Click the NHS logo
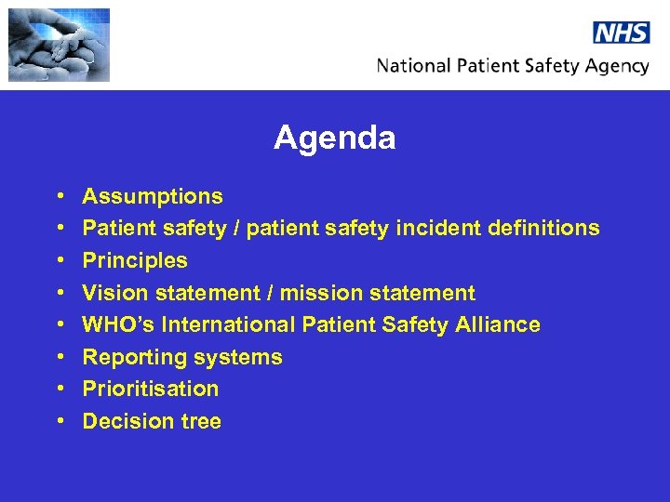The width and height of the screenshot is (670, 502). click(621, 33)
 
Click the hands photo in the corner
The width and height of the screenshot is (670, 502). click(59, 45)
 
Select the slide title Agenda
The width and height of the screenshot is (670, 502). click(334, 139)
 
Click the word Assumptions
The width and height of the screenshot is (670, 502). click(153, 196)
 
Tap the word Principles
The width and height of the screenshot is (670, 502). click(135, 260)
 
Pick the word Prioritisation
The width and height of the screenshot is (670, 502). click(151, 389)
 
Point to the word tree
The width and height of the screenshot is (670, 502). click(201, 421)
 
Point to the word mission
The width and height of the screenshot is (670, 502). click(320, 293)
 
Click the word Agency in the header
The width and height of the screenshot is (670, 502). click(613, 67)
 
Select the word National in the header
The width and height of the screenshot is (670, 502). click(413, 66)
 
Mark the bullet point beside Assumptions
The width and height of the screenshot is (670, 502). click(59, 197)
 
